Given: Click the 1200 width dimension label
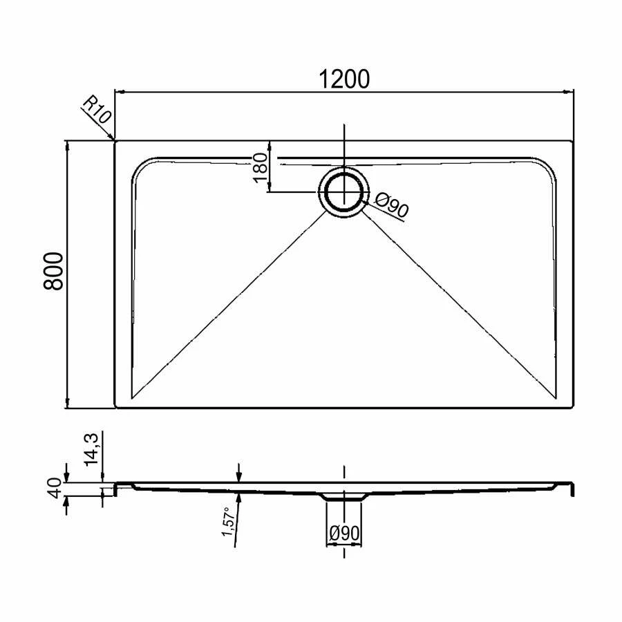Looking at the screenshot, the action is [344, 79].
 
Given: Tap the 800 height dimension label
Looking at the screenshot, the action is [53, 272].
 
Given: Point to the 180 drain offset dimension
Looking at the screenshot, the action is [261, 167].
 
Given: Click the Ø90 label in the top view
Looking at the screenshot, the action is [391, 205].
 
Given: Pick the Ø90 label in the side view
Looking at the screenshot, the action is [344, 534].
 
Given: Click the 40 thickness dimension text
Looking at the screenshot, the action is [57, 489].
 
